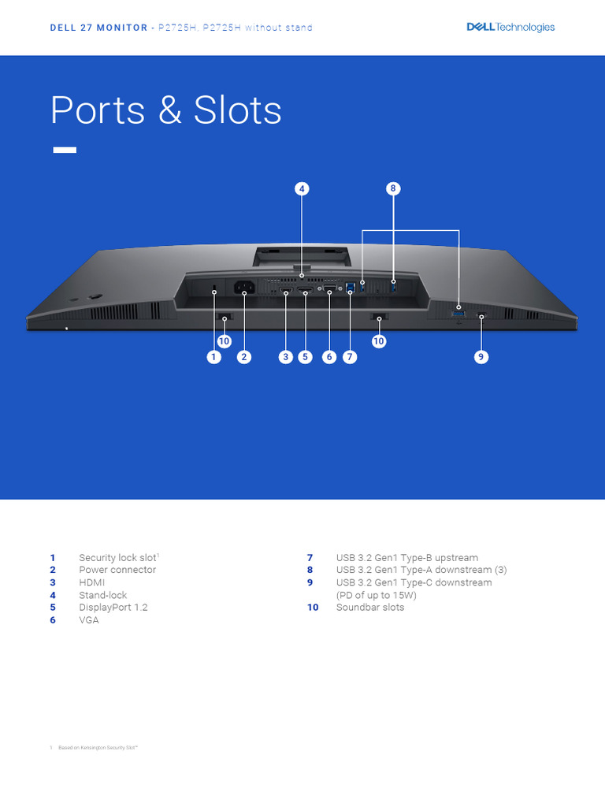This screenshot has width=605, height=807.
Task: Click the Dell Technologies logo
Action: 510,27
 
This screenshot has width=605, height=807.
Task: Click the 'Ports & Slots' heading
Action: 166,110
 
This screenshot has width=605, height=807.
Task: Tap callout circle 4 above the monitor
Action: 302,188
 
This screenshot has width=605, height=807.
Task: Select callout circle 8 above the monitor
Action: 393,188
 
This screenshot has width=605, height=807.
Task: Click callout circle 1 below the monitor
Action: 213,357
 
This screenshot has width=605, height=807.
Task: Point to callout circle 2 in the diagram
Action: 244,357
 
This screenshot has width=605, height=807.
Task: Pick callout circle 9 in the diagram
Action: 481,357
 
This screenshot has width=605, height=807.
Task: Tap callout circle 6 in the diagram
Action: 329,357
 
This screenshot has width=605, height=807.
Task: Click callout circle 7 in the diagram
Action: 350,357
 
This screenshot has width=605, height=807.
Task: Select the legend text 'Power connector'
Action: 117,570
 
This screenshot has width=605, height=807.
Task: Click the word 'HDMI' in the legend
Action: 92,582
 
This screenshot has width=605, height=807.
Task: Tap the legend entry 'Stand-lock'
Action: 102,595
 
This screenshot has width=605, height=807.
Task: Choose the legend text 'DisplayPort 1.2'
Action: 113,608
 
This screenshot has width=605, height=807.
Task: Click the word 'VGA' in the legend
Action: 89,620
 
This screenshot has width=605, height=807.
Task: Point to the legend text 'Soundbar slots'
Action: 369,608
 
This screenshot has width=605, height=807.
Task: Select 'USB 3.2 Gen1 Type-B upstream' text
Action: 406,558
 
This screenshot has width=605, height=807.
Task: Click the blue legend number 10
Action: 313,608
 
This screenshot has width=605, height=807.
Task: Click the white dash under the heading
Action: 65,150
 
